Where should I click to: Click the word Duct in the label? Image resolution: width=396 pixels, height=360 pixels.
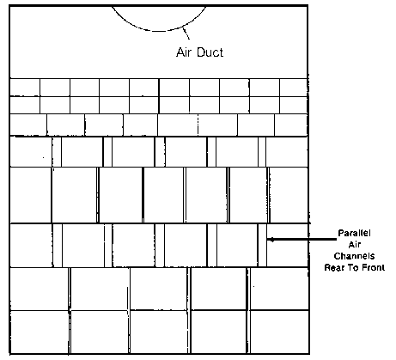[x=210, y=52]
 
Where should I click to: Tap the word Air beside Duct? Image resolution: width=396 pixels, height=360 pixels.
[x=184, y=52]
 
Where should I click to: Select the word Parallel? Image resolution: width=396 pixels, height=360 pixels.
[x=354, y=233]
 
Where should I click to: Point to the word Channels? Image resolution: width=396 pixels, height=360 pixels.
[x=354, y=256]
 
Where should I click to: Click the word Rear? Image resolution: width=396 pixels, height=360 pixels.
[x=334, y=268]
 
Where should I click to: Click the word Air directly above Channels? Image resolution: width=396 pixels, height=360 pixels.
[x=354, y=245]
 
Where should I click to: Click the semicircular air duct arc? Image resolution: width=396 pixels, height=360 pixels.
[x=159, y=31]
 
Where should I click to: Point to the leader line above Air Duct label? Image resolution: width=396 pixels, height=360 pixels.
[x=186, y=33]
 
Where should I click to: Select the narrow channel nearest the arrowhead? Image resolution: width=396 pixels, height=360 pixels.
[x=262, y=245]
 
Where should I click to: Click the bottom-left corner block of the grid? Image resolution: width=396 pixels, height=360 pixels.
[x=40, y=332]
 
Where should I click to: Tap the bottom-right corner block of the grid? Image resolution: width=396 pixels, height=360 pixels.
[x=279, y=332]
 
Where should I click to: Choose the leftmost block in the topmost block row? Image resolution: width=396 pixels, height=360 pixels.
[x=25, y=88]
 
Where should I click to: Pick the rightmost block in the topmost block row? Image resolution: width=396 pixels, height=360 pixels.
[x=294, y=88]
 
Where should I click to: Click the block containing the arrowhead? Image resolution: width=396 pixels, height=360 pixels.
[x=288, y=245]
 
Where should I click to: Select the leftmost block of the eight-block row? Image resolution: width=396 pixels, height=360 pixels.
[x=28, y=125]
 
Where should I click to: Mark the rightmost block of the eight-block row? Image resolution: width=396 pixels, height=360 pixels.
[x=291, y=125]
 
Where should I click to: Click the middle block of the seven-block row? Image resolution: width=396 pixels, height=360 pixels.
[x=163, y=195]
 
